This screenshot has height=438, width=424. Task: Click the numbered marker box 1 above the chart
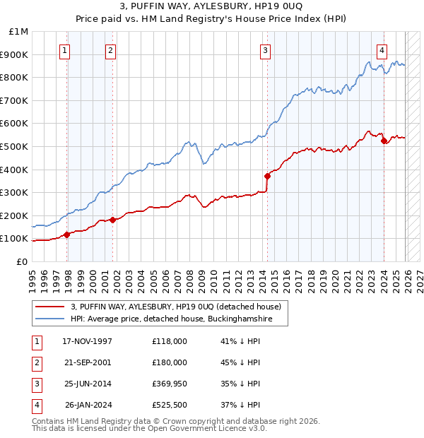click(x=64, y=50)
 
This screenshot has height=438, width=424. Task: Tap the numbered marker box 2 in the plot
click(x=111, y=50)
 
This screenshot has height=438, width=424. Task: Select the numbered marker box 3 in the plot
click(x=264, y=50)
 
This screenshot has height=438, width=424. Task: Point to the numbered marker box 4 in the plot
click(x=381, y=50)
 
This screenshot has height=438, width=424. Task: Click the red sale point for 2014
click(x=267, y=176)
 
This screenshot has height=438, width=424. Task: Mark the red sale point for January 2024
click(x=384, y=141)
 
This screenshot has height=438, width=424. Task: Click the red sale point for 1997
click(x=67, y=235)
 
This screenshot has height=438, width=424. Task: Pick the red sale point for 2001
click(x=113, y=220)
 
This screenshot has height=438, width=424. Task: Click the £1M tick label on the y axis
click(x=19, y=32)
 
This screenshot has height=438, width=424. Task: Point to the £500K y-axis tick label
click(x=15, y=146)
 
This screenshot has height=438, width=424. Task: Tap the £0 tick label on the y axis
click(x=22, y=261)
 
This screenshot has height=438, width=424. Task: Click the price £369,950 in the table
click(x=170, y=384)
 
